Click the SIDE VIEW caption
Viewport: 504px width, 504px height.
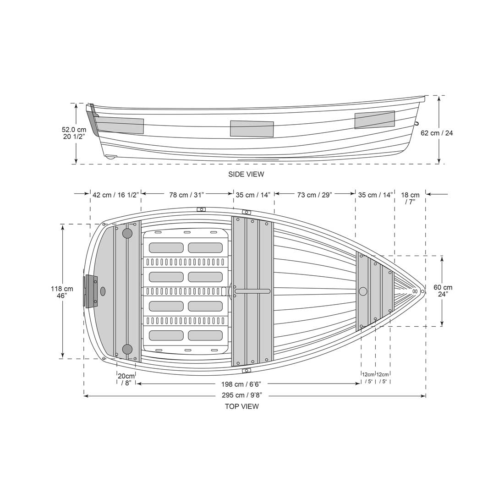(x=246, y=174)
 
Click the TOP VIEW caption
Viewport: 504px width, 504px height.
(x=241, y=406)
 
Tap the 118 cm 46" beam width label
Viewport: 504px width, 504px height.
(x=62, y=292)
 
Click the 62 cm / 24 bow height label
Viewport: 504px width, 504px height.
(x=437, y=133)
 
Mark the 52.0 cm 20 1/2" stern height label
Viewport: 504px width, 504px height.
(x=74, y=133)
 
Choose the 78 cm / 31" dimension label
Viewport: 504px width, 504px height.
(x=186, y=195)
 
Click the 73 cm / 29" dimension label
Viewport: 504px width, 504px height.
(x=314, y=195)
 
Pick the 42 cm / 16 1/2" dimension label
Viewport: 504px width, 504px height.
(x=115, y=195)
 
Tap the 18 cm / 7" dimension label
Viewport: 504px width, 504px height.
(x=410, y=198)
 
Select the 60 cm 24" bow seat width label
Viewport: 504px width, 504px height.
(x=443, y=291)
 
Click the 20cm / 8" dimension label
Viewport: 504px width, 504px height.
(x=126, y=379)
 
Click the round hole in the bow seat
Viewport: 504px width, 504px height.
(x=363, y=291)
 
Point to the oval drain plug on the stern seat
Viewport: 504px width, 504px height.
(x=103, y=291)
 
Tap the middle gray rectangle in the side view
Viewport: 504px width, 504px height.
(x=252, y=129)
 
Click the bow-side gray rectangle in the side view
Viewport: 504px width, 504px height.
(x=374, y=120)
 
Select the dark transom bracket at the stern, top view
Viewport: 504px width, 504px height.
(x=90, y=291)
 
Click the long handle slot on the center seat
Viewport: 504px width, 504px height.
(x=252, y=291)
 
